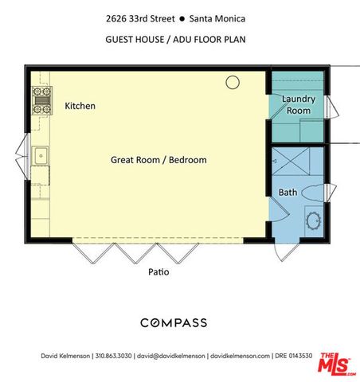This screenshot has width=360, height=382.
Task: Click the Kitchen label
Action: [80, 105]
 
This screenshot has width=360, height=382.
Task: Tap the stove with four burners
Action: [40, 100]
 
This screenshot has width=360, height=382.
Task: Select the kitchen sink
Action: [40, 155]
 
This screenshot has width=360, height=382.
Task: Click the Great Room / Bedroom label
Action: [158, 160]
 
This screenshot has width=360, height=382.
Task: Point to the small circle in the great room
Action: [233, 81]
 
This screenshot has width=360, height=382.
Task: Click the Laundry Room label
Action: [299, 105]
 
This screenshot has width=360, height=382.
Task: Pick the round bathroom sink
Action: [313, 219]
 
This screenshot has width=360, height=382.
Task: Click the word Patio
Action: [158, 272]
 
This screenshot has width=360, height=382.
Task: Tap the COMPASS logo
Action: [174, 322]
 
